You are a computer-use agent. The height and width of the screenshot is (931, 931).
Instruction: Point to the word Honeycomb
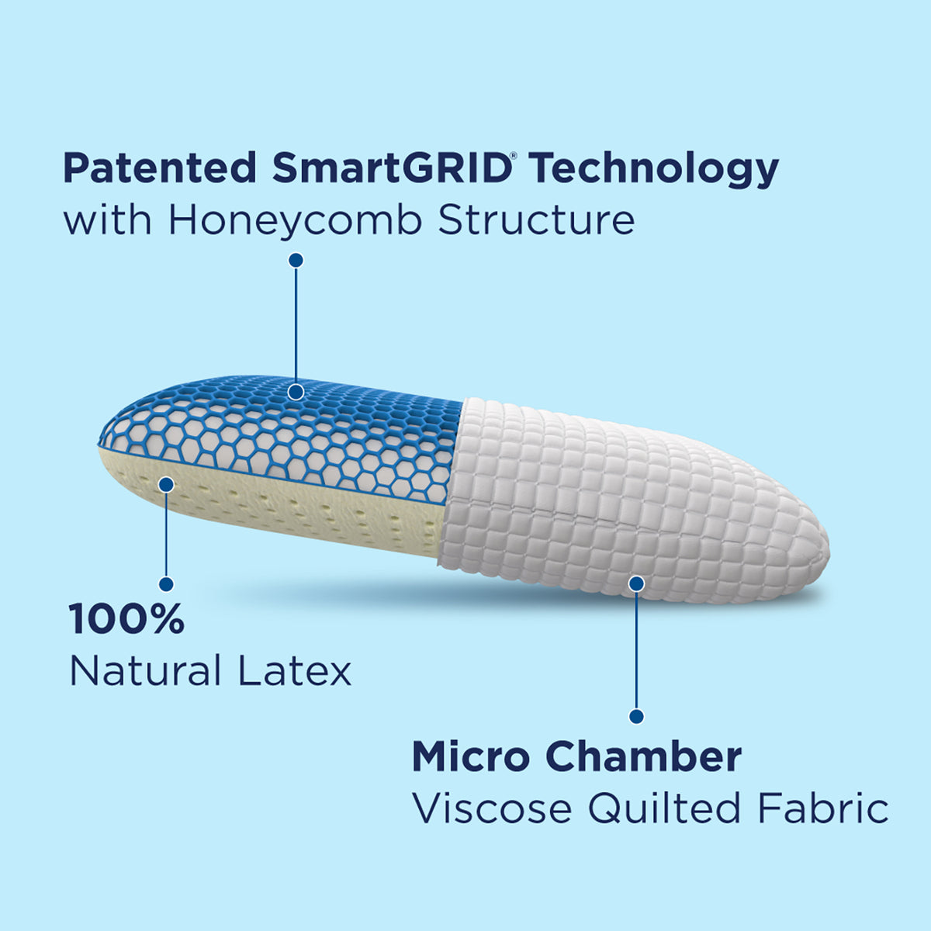tap(296, 220)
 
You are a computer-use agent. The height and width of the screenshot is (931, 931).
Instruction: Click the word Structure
tap(536, 220)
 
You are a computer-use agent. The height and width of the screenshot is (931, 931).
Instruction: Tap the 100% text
tap(126, 619)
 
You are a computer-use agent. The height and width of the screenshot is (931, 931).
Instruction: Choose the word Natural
tap(146, 671)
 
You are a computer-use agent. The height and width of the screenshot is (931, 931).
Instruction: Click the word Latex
tap(295, 671)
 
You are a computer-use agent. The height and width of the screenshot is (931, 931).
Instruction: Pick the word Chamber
tap(643, 756)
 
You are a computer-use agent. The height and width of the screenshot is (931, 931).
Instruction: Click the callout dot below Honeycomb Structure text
tap(296, 260)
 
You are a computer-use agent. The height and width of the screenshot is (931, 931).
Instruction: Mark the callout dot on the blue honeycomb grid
tap(296, 392)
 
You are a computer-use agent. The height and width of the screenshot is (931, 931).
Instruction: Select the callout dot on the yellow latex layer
tap(166, 485)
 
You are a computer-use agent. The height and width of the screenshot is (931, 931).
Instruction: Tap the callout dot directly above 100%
tap(166, 583)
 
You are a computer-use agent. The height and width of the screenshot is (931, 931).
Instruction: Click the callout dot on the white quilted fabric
tap(636, 582)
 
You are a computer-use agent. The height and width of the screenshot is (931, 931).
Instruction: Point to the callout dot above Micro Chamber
tap(636, 715)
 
